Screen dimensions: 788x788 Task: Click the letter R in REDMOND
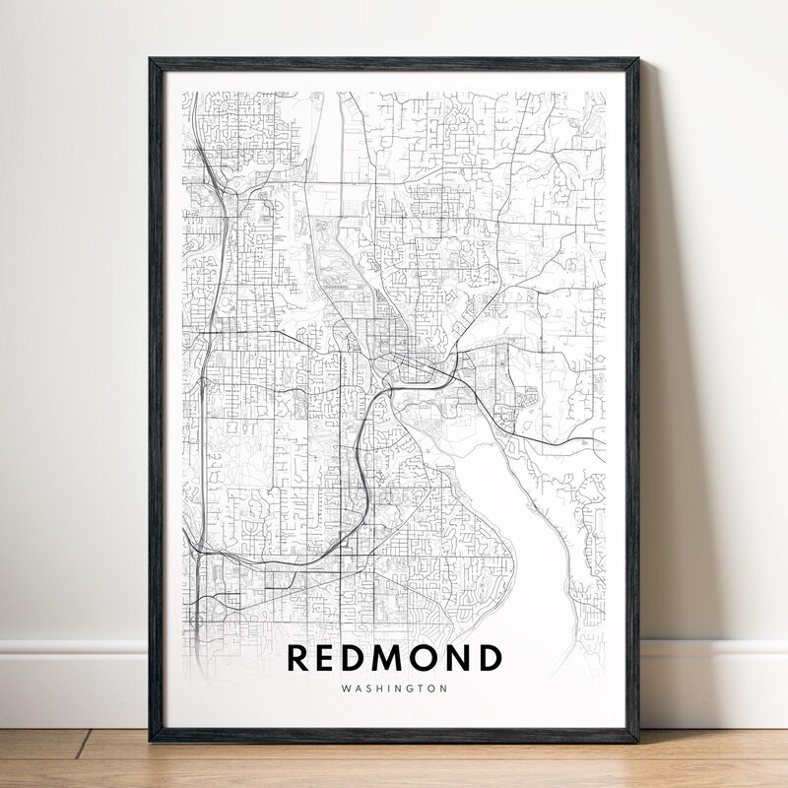click(298, 658)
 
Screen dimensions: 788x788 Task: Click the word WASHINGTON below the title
click(393, 689)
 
